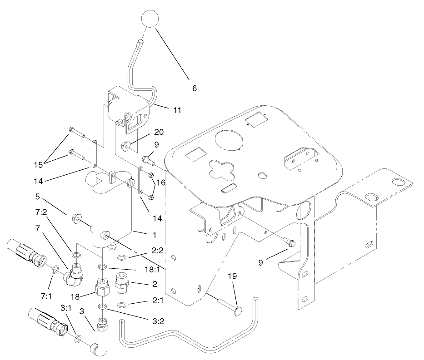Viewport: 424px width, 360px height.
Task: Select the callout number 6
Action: pyautogui.click(x=195, y=88)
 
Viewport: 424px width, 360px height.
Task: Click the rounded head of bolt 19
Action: pyautogui.click(x=238, y=311)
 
